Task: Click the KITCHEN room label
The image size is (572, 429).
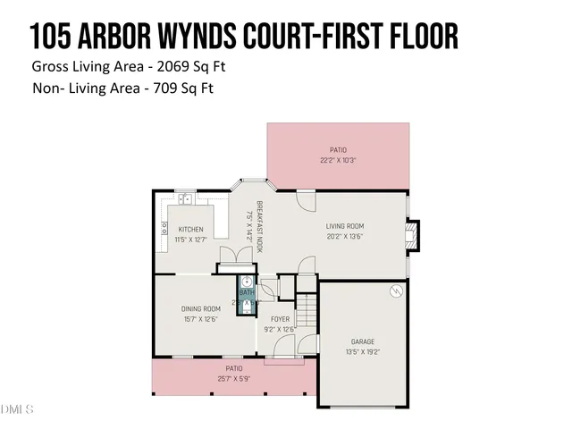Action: tap(190, 229)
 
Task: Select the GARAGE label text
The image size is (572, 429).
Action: tap(362, 341)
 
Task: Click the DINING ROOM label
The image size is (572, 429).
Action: tap(200, 308)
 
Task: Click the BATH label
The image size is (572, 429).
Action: tap(246, 292)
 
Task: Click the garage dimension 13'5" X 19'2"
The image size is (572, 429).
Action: tap(362, 351)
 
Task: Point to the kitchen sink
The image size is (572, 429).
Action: tap(182, 199)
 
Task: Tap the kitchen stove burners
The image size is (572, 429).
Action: tap(164, 230)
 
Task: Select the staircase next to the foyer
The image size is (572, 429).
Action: tap(307, 313)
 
